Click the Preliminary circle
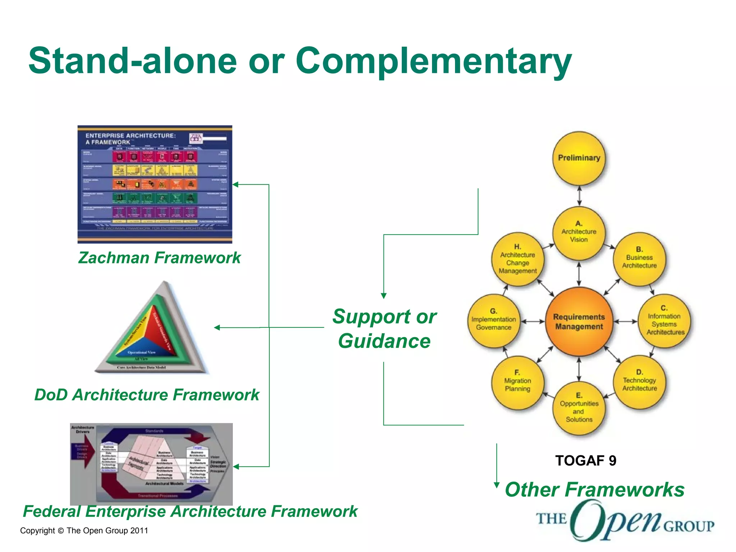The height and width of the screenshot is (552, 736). pyautogui.click(x=579, y=158)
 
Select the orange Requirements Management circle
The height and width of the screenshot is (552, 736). pyautogui.click(x=579, y=322)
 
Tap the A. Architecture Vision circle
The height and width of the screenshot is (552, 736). pyautogui.click(x=579, y=233)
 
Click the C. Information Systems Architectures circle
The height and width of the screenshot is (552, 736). pyautogui.click(x=664, y=321)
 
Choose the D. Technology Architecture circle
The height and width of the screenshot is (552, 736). pyautogui.click(x=639, y=382)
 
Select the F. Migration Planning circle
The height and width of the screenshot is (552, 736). pyautogui.click(x=517, y=382)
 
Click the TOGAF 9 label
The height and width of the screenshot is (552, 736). pyautogui.click(x=585, y=461)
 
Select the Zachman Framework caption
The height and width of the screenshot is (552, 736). pyautogui.click(x=160, y=258)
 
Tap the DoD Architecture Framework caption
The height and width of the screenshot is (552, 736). pyautogui.click(x=147, y=395)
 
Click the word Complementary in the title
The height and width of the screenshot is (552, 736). pyautogui.click(x=433, y=61)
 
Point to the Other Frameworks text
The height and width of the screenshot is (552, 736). pyautogui.click(x=594, y=490)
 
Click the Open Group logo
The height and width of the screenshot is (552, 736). pyautogui.click(x=625, y=522)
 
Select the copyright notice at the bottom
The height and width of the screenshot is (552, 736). pyautogui.click(x=84, y=531)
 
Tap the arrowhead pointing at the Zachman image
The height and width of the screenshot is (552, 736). pyautogui.click(x=235, y=185)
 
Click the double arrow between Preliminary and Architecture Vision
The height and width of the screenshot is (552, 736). pyautogui.click(x=579, y=196)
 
